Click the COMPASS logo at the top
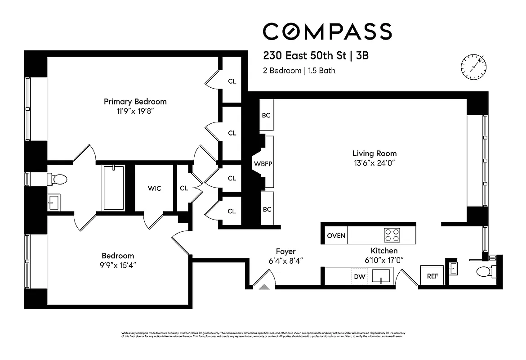pos(327,31)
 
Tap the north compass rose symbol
pos(473,67)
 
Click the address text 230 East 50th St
pos(305,56)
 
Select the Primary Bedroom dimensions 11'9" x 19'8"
pos(135,111)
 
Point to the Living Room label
pos(374,153)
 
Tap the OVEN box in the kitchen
pos(336,236)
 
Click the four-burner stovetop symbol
pos(392,235)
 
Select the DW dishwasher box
pos(360,277)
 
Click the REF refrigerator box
pos(432,276)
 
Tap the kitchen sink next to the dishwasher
pos(381,276)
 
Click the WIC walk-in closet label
pos(154,188)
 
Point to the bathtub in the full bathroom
pos(113,188)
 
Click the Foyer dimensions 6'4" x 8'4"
pos(286,261)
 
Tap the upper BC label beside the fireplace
pos(266,115)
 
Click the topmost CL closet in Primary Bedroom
pos(232,81)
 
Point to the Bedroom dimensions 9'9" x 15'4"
pos(118,265)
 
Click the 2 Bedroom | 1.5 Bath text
pos(299,71)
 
